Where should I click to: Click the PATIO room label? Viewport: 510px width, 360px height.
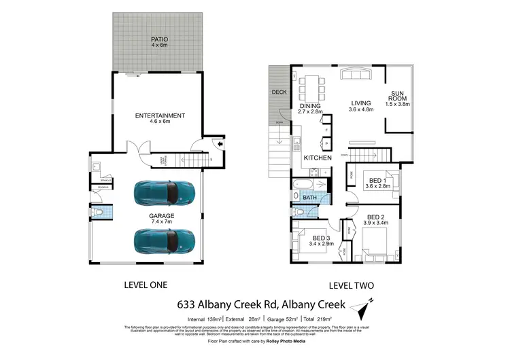[x=160, y=39]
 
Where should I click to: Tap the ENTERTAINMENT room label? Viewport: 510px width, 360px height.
[x=160, y=115]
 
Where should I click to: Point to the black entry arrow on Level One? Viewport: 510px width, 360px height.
[x=216, y=143]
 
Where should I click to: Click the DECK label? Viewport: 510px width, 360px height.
[x=279, y=92]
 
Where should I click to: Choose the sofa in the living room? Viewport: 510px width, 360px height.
[x=358, y=75]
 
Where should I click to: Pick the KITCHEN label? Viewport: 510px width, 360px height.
[x=318, y=158]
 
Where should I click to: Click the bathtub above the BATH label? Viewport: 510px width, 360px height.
[x=304, y=185]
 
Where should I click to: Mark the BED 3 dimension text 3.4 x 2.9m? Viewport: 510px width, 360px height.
[x=323, y=243]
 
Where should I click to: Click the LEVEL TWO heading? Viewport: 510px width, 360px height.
[x=352, y=285]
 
